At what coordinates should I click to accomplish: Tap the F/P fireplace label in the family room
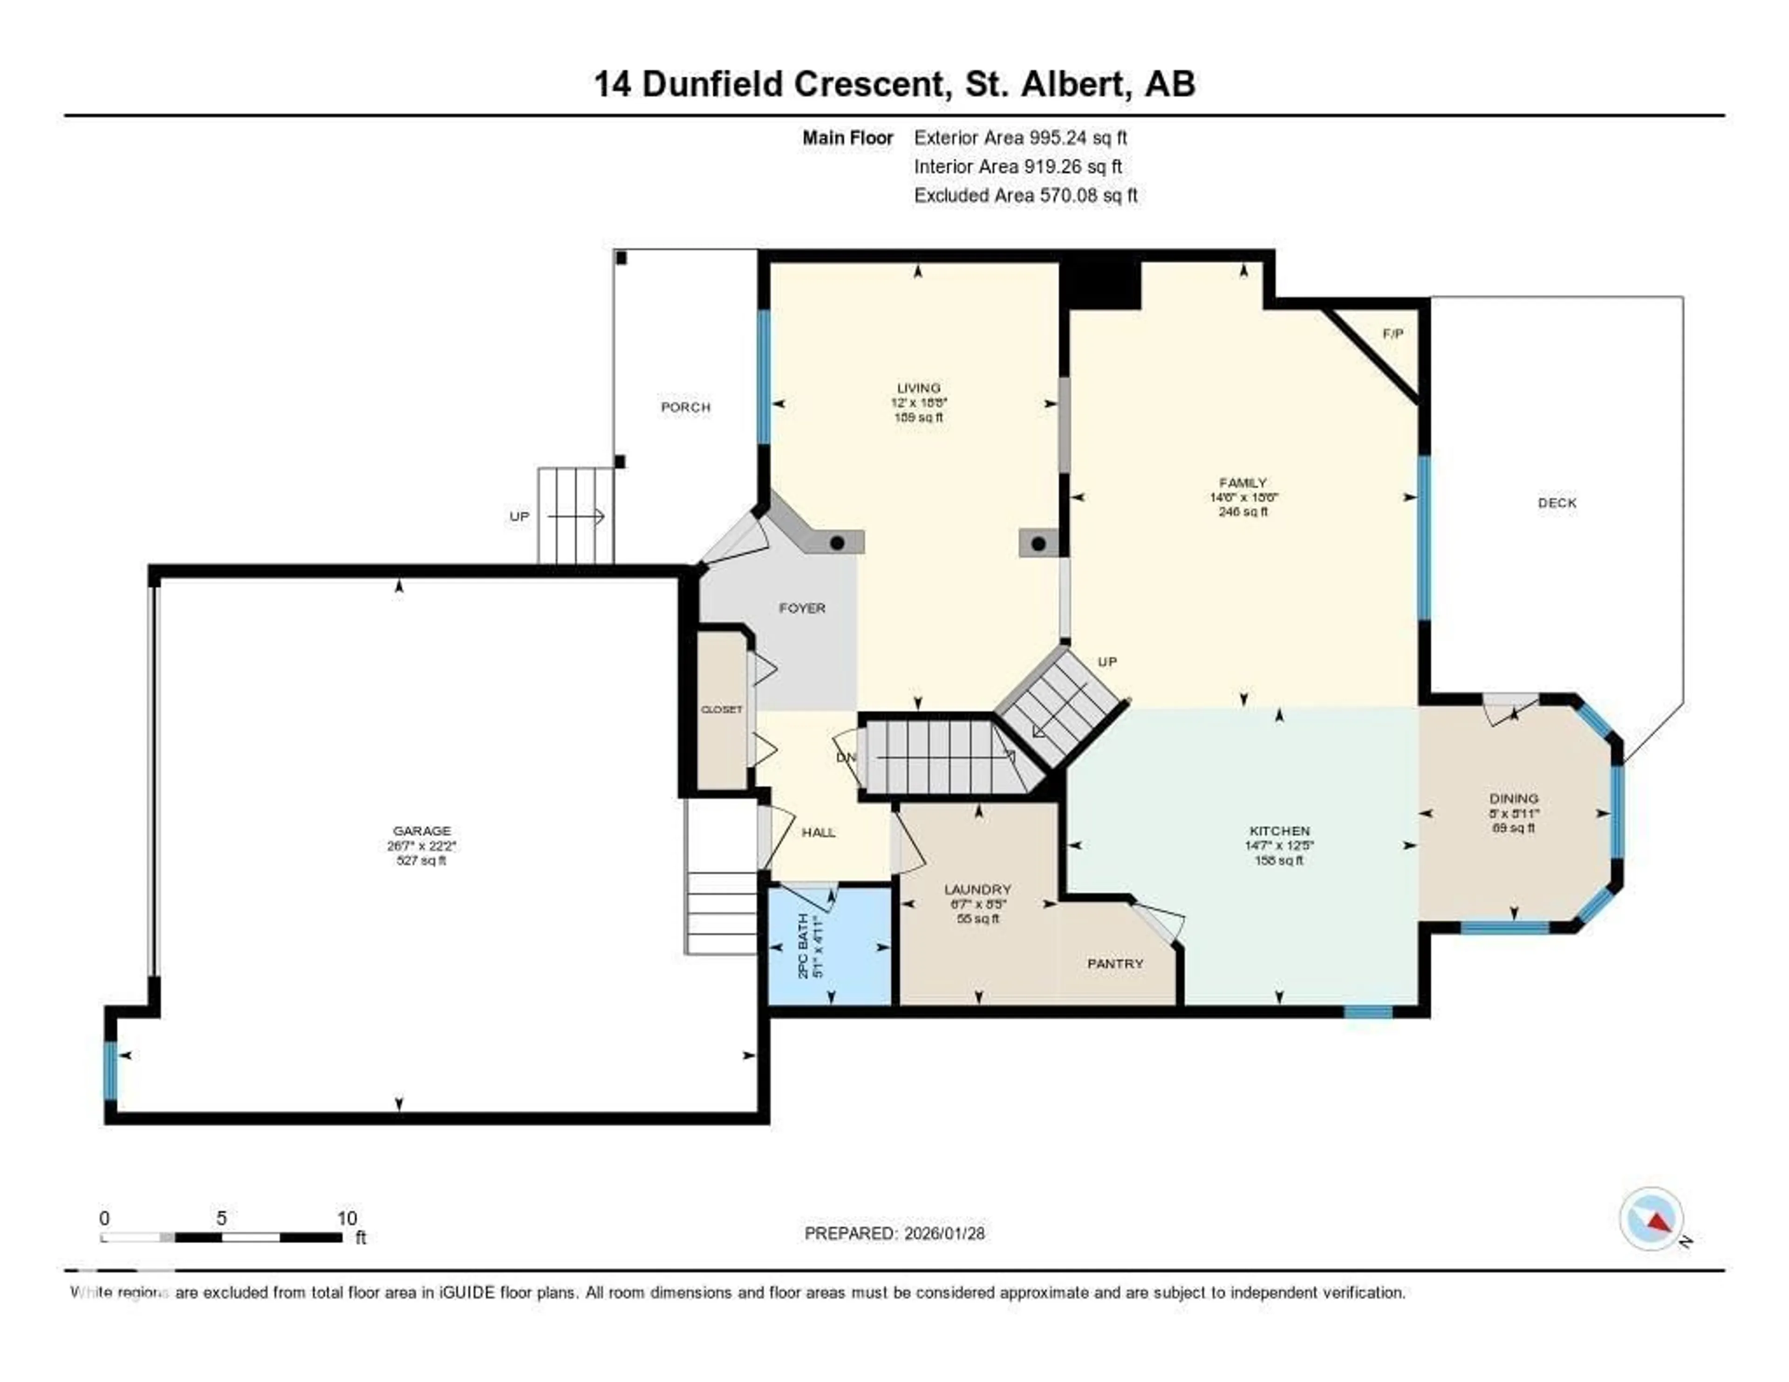1393,334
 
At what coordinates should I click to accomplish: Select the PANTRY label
1115,964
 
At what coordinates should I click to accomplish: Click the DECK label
1557,503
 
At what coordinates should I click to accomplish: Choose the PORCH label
686,407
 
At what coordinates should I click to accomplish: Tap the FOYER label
801,608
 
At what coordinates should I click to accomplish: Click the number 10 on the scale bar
347,1218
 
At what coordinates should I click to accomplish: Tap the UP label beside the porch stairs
519,516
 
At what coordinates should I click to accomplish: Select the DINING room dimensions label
1514,814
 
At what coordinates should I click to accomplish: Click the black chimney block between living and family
1100,285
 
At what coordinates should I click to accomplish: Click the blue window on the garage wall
110,1070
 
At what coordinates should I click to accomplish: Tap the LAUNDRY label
977,889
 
